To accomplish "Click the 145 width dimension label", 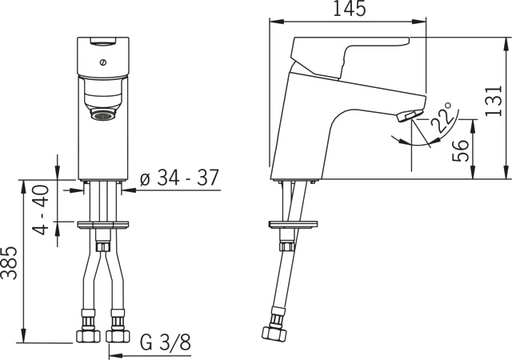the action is pos(349,8).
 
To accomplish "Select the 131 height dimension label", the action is pos(493,101).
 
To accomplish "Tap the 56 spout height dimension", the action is pos(461,151).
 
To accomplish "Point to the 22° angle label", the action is pos(441,117).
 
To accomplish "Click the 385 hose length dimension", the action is pos(9,263).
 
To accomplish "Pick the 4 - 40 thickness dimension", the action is pos(41,210).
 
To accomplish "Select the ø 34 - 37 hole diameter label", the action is pos(179,178).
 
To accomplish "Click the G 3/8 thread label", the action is pos(166,342).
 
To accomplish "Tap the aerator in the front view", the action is pos(103,115).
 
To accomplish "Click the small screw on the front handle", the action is pos(103,62).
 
